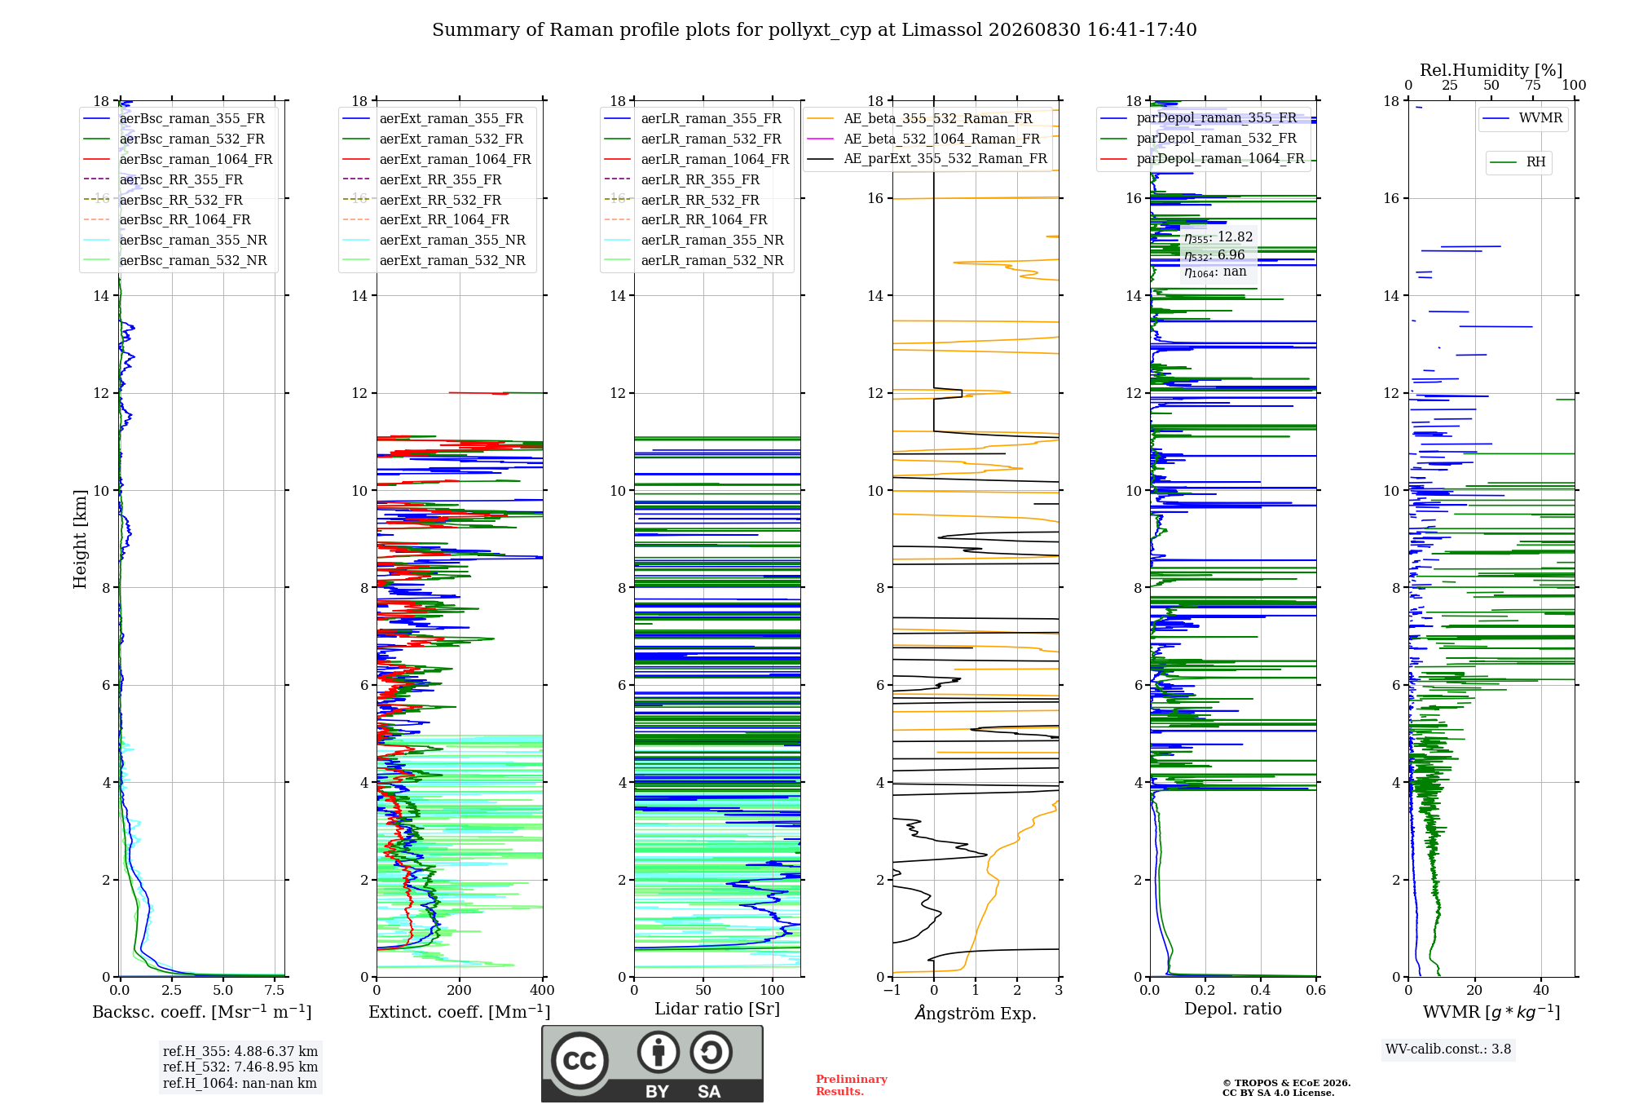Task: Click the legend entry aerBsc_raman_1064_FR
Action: [178, 160]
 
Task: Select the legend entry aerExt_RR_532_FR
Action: [422, 200]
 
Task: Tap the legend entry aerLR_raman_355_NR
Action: [694, 241]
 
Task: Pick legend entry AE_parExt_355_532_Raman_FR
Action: [927, 159]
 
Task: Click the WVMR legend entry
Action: [1522, 118]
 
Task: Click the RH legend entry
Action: [1518, 162]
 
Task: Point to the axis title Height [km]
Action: [80, 539]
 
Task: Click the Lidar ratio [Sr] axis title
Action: [717, 1009]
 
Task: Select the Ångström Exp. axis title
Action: [976, 1013]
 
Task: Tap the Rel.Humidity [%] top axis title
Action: [1491, 70]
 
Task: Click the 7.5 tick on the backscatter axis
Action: [275, 991]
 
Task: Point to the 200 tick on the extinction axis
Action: [459, 991]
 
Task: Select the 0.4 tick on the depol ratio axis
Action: [1261, 991]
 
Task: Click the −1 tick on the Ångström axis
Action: [892, 991]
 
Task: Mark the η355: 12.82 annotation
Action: [1218, 237]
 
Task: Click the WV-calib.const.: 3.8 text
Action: [1448, 1049]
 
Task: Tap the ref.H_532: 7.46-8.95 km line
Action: [240, 1067]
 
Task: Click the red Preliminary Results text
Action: [852, 1085]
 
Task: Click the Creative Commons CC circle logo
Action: [579, 1060]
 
